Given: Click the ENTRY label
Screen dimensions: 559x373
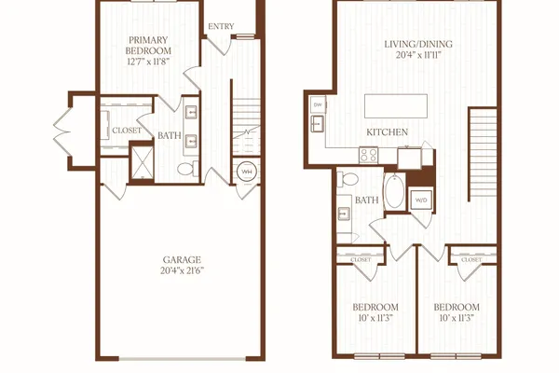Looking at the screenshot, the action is [x=221, y=26].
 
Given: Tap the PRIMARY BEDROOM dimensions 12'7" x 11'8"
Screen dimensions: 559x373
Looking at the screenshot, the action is [x=148, y=62].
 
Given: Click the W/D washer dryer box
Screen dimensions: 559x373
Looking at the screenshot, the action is [x=421, y=200].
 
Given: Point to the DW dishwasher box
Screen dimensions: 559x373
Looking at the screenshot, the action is [x=318, y=105].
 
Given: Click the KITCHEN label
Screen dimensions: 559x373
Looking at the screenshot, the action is [x=388, y=132].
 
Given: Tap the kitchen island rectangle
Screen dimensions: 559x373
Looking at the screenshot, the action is [x=396, y=105].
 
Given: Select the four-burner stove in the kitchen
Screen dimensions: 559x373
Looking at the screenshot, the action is [x=368, y=156].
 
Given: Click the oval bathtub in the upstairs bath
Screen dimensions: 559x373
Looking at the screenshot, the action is [x=394, y=191].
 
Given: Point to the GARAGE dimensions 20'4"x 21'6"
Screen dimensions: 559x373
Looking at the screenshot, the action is [x=183, y=270].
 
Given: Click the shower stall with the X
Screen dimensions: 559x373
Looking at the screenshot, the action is [x=143, y=162].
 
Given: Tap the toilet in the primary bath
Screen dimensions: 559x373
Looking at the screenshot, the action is [x=188, y=169].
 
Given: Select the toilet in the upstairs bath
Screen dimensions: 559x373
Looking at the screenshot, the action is [x=348, y=178].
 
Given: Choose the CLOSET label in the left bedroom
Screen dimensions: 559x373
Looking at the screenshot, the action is [x=361, y=259].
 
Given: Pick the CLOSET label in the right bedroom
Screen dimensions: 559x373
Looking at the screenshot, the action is [x=471, y=259].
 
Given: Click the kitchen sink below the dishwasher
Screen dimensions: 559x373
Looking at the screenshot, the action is [x=317, y=123].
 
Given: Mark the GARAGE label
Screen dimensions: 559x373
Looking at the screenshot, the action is [x=182, y=259].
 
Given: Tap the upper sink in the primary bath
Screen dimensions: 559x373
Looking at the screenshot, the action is [x=191, y=113].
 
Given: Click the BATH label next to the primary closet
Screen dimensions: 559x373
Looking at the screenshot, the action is [x=170, y=135].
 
